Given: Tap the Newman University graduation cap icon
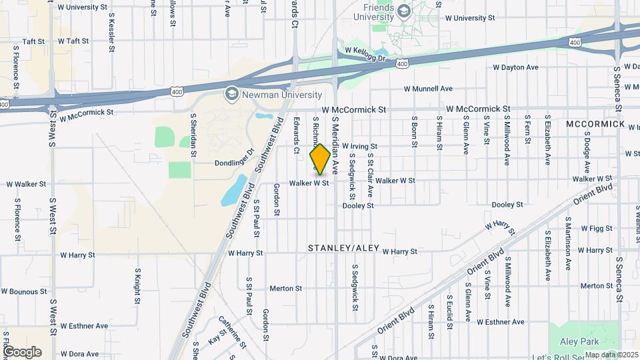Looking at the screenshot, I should pyautogui.click(x=232, y=94).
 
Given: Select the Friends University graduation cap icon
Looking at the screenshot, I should pyautogui.click(x=403, y=10).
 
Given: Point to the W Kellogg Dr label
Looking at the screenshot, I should pyautogui.click(x=365, y=54).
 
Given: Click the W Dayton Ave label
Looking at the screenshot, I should pyautogui.click(x=515, y=67).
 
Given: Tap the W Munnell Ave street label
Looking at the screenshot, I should pyautogui.click(x=428, y=89).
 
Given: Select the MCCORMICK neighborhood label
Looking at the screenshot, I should pyautogui.click(x=595, y=125).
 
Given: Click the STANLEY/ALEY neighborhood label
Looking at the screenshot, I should pyautogui.click(x=343, y=248).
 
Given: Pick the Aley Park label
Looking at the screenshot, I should pyautogui.click(x=580, y=341).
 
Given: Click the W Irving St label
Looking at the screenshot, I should pyautogui.click(x=360, y=146).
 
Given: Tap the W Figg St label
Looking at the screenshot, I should pyautogui.click(x=596, y=229).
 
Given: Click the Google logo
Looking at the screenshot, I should pyautogui.click(x=22, y=351).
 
